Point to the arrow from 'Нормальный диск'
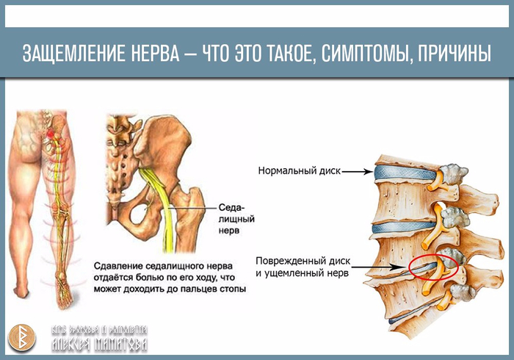358,172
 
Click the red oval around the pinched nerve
434,267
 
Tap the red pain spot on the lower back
50,137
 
